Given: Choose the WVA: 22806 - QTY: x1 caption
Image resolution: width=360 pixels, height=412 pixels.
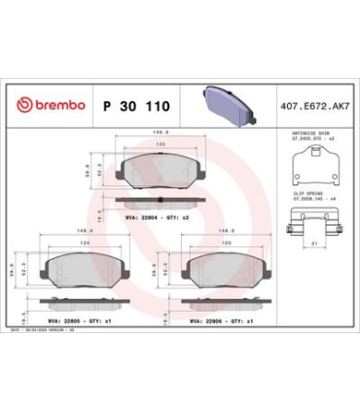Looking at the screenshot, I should [221, 318].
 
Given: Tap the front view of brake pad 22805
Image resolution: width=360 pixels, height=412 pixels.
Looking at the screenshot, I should [81, 265].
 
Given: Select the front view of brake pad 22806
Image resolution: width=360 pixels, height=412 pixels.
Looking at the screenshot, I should [221, 265].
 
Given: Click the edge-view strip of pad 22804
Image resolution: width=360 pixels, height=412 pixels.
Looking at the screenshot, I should [156, 203].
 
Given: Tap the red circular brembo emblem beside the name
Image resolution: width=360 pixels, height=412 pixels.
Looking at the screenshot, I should [23, 105].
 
